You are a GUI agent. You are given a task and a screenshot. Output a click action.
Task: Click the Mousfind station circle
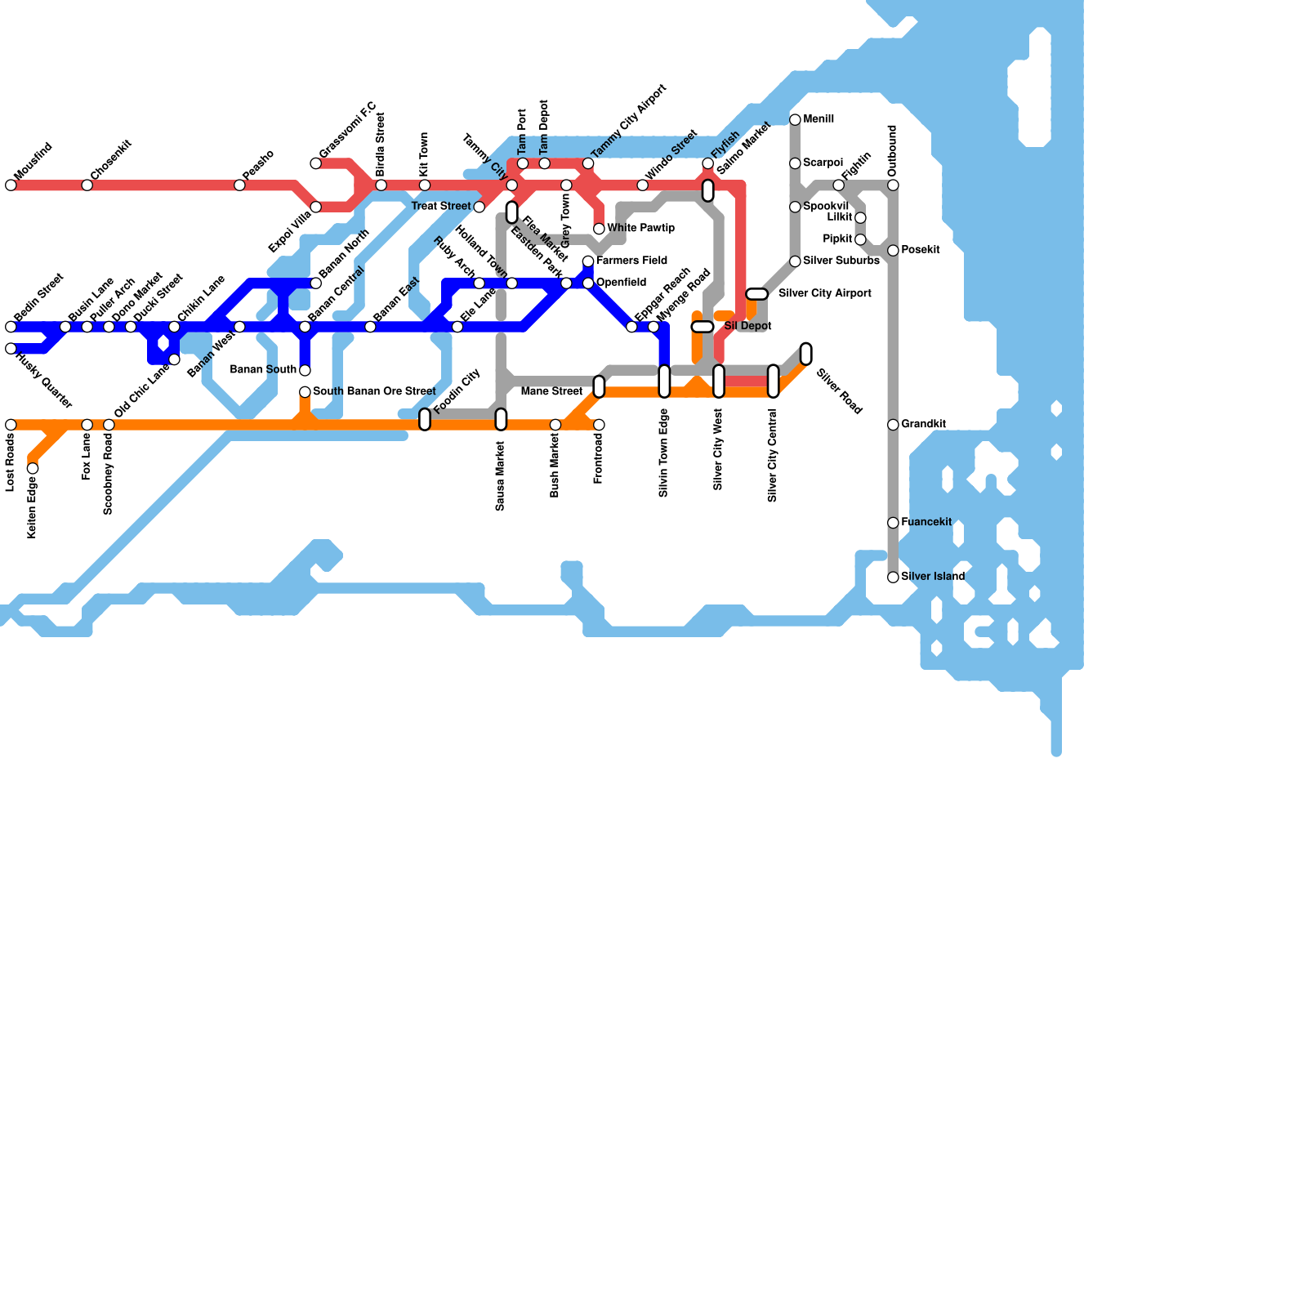click(x=11, y=185)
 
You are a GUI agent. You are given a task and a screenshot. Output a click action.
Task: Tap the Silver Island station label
click(x=933, y=577)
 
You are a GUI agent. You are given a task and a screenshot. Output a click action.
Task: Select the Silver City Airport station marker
click(x=757, y=294)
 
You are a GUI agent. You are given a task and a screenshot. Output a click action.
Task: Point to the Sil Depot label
click(x=747, y=327)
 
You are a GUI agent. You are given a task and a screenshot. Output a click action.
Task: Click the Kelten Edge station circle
click(x=33, y=468)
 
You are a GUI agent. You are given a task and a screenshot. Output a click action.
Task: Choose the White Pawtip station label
click(x=640, y=229)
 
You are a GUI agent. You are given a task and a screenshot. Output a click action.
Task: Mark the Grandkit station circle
click(x=893, y=425)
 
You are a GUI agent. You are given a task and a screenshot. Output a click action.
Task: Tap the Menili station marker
click(x=795, y=120)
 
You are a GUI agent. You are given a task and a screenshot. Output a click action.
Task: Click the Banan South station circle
click(x=305, y=370)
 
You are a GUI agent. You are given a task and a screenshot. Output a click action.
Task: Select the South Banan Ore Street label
click(x=374, y=392)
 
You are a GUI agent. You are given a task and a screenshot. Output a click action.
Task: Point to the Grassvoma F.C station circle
click(x=316, y=163)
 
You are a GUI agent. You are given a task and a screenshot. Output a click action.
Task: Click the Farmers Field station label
click(x=631, y=261)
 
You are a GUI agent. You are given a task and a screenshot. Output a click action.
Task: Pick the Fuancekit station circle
click(x=893, y=523)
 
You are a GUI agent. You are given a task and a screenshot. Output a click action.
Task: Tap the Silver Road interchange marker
click(x=806, y=354)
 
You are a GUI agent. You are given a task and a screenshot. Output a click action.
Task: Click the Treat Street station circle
click(x=480, y=207)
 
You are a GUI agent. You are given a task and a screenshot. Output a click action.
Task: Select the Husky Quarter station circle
click(x=11, y=349)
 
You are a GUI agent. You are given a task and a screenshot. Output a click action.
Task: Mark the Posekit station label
click(x=921, y=251)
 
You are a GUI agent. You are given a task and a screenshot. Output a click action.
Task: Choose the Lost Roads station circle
click(x=11, y=425)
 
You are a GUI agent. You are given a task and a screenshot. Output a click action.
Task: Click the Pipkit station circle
click(x=860, y=239)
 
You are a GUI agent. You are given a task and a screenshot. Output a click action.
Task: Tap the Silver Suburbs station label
click(x=841, y=261)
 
